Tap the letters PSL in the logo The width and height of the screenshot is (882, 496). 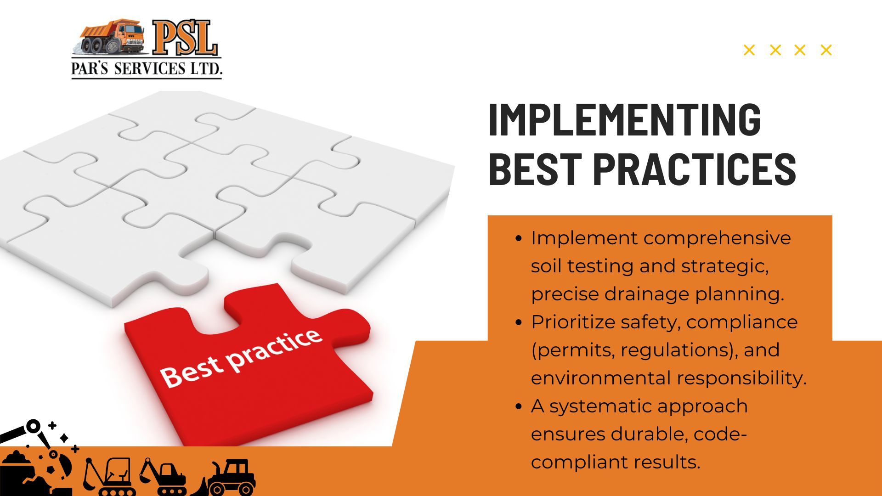tap(185, 38)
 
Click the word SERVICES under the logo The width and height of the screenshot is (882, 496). tap(149, 69)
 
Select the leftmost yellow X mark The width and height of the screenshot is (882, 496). tap(749, 50)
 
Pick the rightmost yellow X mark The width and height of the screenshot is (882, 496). tap(826, 50)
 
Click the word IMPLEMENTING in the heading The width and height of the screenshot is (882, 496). tap(625, 119)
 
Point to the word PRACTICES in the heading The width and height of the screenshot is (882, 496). tap(695, 169)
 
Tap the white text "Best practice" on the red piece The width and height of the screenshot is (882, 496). tap(241, 359)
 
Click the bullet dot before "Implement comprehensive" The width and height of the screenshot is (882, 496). tap(519, 238)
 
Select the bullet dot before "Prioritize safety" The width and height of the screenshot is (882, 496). tap(519, 322)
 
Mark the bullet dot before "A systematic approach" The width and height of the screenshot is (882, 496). tap(519, 406)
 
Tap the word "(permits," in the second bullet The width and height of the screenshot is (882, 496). tap(572, 350)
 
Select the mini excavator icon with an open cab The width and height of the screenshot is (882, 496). tap(109, 477)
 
